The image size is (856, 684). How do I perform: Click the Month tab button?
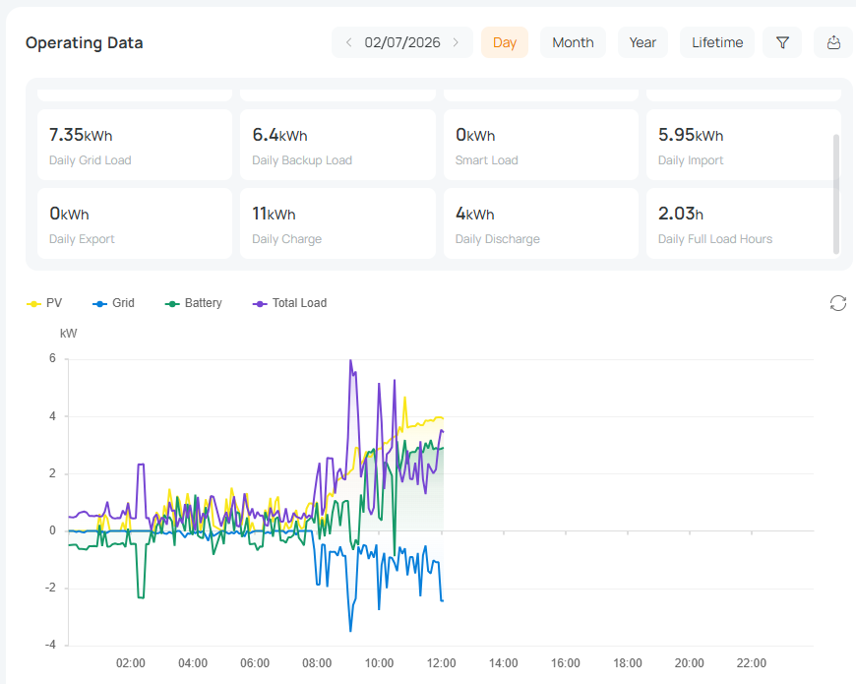[573, 42]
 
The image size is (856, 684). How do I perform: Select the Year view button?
[642, 42]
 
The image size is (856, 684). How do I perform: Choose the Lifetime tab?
[717, 42]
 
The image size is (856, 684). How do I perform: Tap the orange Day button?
[505, 42]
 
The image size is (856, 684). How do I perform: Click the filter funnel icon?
[782, 42]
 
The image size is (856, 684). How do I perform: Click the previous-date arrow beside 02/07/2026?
[349, 42]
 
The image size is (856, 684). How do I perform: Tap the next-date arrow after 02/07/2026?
[456, 42]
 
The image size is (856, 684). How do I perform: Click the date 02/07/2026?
[402, 42]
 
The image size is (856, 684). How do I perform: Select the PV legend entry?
[44, 303]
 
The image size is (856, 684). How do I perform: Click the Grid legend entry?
[113, 303]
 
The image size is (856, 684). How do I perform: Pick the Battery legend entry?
[193, 303]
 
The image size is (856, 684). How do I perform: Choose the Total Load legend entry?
[289, 303]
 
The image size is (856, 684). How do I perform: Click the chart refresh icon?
[838, 303]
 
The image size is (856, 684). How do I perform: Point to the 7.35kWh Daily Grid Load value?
[81, 135]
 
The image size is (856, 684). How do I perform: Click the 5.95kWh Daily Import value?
[691, 135]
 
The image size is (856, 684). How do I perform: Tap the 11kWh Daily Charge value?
[274, 214]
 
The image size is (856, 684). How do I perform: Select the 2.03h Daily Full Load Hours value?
[680, 214]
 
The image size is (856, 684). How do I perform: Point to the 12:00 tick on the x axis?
[441, 662]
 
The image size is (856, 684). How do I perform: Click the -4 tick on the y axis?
[50, 645]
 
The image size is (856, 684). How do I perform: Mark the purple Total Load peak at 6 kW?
[350, 360]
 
